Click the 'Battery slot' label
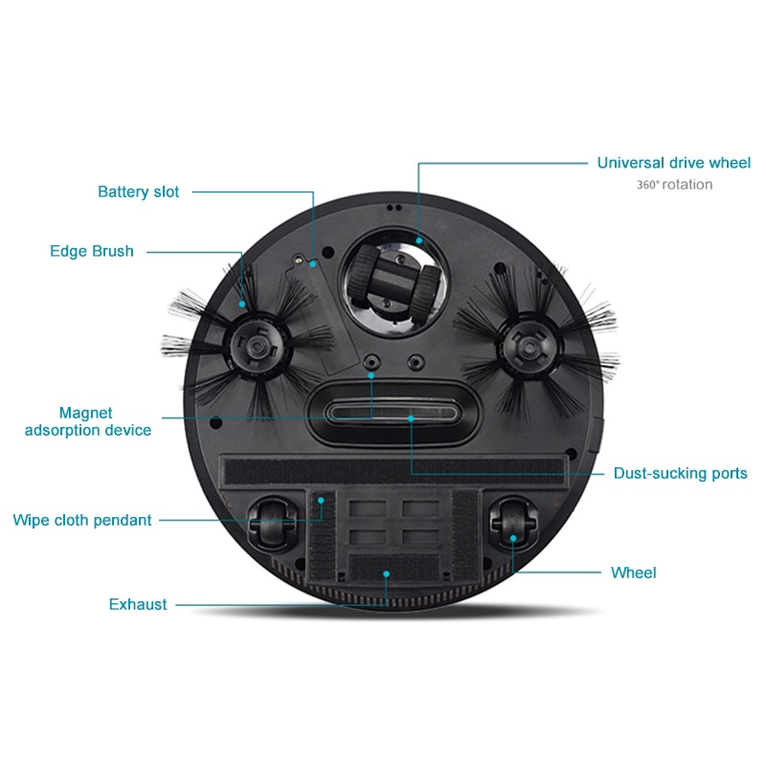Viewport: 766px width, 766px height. coord(138,191)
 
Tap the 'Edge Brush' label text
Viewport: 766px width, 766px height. coord(92,251)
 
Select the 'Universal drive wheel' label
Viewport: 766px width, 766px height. coord(673,163)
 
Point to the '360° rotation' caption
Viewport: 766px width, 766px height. coord(674,185)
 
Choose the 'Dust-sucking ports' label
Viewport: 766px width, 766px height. coord(680,473)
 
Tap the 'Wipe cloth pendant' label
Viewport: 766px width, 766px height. coord(82,520)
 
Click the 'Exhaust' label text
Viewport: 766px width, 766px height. coord(138,604)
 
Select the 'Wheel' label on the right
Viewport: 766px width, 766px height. coord(634,573)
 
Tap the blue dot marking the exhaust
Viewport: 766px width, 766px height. coord(386,574)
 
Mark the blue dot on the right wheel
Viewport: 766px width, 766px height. coord(513,539)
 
